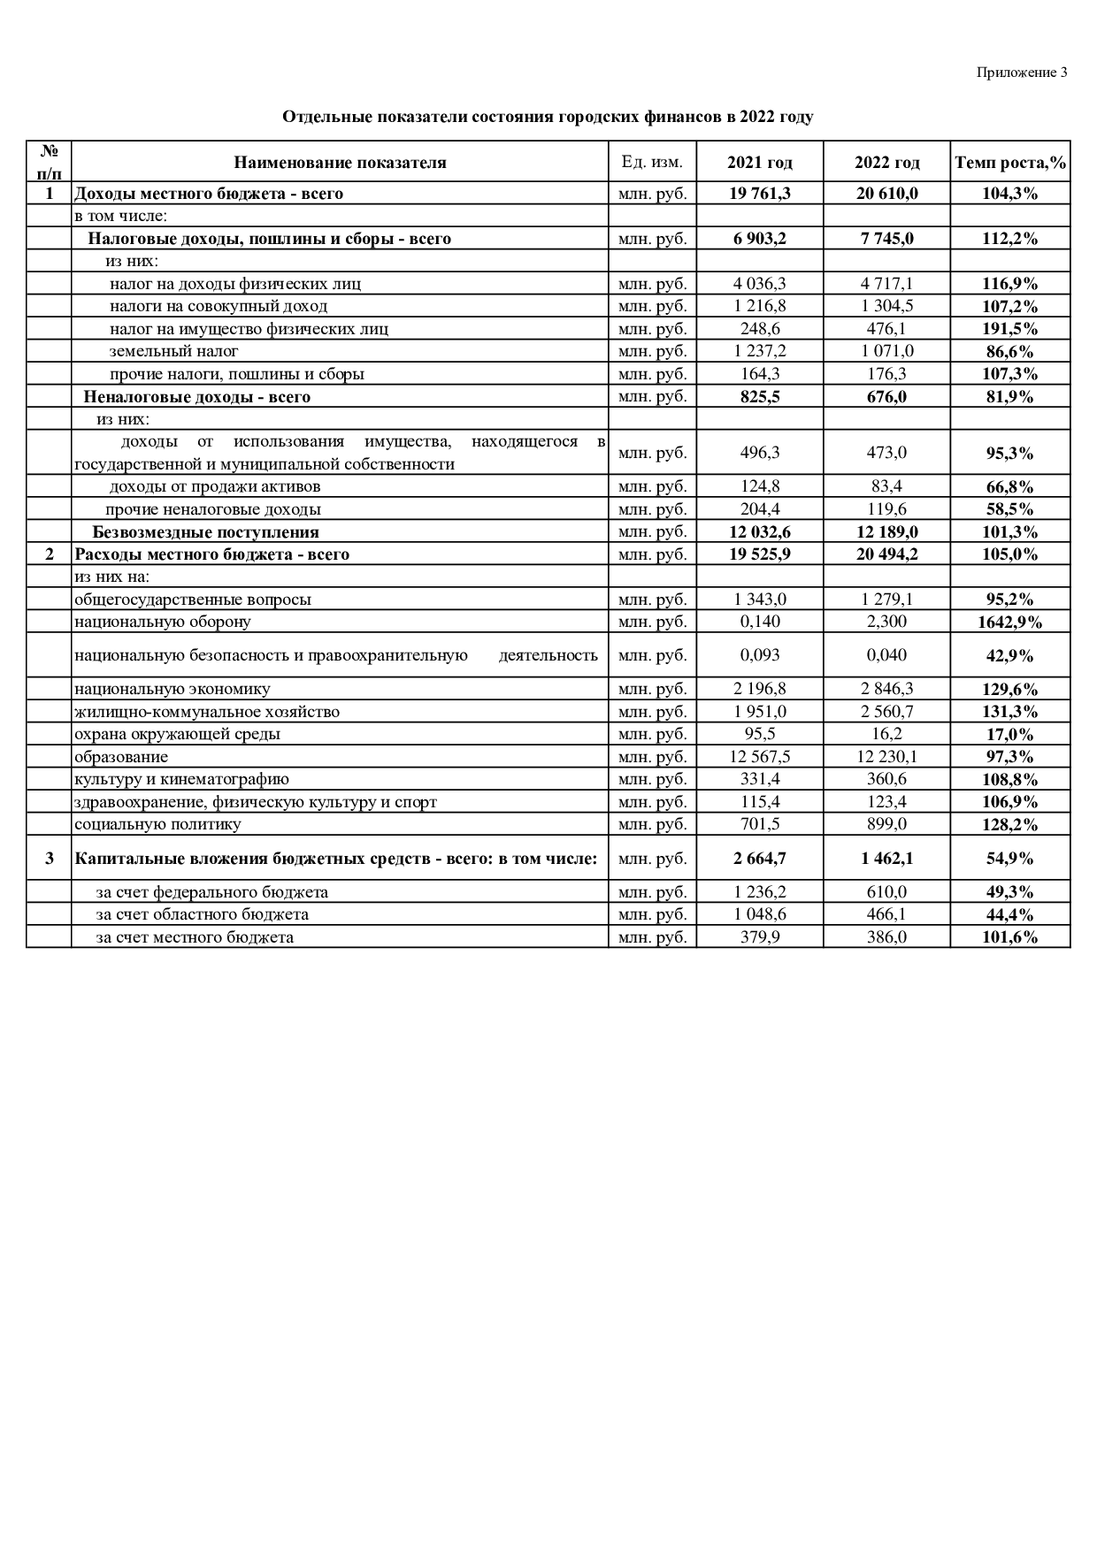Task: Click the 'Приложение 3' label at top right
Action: tap(1022, 73)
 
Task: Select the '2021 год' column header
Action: tap(760, 163)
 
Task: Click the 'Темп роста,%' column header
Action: tap(1010, 163)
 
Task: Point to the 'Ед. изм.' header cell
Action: tap(652, 163)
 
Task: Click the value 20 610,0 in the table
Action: tap(886, 194)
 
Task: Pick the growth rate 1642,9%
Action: tap(1009, 623)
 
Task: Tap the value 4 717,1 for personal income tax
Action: tap(886, 284)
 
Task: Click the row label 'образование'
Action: tap(121, 757)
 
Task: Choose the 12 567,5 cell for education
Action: tap(760, 757)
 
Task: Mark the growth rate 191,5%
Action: tap(1009, 329)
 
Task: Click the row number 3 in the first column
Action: tap(50, 858)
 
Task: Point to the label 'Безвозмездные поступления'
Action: tap(206, 532)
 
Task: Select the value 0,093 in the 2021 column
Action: tap(760, 655)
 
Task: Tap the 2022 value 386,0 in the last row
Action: tap(886, 937)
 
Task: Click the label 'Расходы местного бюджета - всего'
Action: tap(211, 554)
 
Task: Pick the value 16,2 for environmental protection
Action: tap(886, 734)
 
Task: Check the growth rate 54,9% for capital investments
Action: tap(1009, 859)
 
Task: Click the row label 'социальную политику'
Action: tap(157, 824)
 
